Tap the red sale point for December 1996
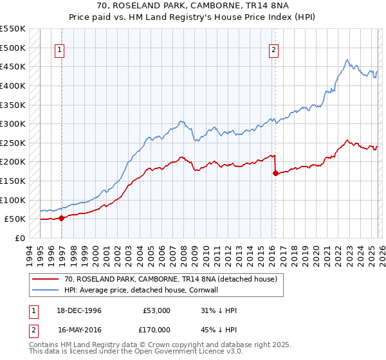62,218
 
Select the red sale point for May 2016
275,173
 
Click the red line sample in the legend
46,279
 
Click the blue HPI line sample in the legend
46,290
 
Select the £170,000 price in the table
157,329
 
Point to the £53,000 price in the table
157,310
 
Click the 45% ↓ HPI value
219,329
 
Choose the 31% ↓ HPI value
219,310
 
